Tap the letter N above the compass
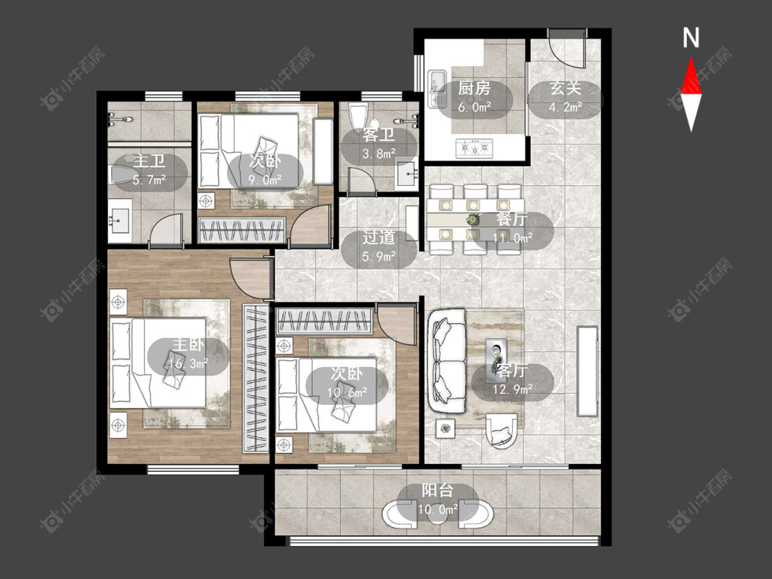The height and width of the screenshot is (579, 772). coord(691,38)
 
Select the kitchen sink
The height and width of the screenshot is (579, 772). coord(436,88)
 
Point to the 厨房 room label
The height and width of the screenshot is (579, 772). coord(474,88)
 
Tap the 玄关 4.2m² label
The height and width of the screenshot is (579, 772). coord(565,97)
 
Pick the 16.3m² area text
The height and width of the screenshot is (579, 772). coord(188,364)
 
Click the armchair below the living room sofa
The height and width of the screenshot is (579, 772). coord(501,431)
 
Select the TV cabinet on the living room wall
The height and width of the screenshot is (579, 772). coord(588,371)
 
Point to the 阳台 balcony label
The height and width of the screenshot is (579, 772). coord(437,491)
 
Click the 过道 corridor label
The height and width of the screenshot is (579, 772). coord(379,237)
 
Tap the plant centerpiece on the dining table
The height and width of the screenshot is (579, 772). coord(473,219)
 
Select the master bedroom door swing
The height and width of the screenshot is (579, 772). coord(250,279)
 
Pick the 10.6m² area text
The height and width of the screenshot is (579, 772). coord(347,392)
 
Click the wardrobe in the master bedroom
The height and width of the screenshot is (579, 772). coord(256,378)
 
